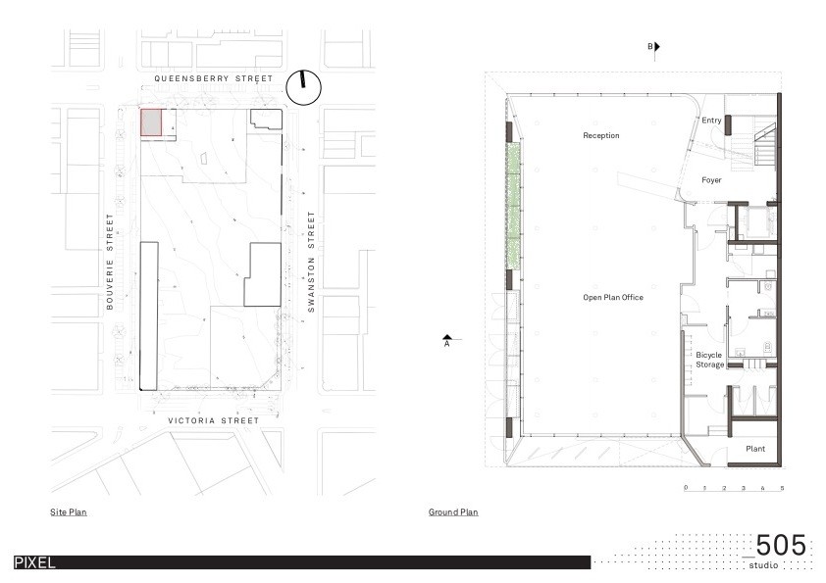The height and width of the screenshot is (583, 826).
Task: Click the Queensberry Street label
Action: click(x=213, y=78)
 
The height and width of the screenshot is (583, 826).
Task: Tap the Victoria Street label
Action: click(x=213, y=420)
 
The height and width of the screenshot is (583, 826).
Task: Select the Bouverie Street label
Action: click(x=110, y=262)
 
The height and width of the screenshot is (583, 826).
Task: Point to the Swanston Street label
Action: click(x=311, y=262)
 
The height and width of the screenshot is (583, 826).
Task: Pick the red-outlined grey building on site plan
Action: click(x=151, y=122)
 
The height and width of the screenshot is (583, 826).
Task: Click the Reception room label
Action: click(x=601, y=135)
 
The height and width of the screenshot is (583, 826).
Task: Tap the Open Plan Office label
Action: click(x=613, y=297)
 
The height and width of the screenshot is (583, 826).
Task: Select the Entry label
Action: click(x=711, y=121)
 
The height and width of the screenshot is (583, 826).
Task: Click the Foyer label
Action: click(x=711, y=180)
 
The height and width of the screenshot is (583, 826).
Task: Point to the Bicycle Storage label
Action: click(x=709, y=360)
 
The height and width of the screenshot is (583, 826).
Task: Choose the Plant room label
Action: click(x=755, y=449)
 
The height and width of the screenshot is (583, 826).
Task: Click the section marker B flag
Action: click(x=657, y=47)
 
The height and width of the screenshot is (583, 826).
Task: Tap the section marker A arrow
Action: click(x=447, y=337)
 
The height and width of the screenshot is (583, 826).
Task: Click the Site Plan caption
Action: click(x=69, y=512)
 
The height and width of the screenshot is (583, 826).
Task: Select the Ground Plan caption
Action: click(x=453, y=512)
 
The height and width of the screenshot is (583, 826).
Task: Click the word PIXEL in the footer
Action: click(x=34, y=562)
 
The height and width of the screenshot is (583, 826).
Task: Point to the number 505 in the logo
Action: click(x=781, y=545)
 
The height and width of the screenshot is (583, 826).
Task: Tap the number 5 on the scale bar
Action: click(x=782, y=488)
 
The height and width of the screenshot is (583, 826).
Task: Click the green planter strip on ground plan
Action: click(x=514, y=208)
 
